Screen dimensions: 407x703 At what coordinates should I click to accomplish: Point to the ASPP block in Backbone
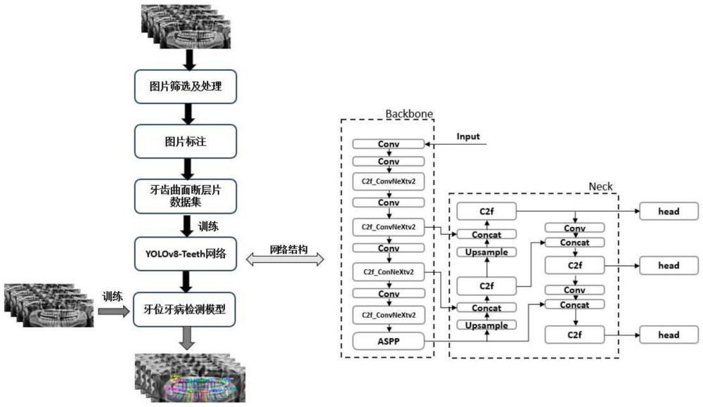click(x=389, y=342)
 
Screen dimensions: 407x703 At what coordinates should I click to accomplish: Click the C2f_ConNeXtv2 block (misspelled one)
click(x=389, y=271)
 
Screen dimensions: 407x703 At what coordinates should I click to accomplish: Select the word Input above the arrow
click(x=468, y=136)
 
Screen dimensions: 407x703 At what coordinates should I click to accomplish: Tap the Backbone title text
click(x=409, y=113)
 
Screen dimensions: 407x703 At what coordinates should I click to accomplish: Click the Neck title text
click(x=600, y=186)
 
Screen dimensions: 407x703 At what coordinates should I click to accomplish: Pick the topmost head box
click(x=669, y=211)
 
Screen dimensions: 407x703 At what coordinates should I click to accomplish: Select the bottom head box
click(x=669, y=335)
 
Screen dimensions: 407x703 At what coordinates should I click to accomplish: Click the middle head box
click(x=669, y=265)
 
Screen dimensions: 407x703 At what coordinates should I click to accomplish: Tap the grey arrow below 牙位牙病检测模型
click(x=187, y=339)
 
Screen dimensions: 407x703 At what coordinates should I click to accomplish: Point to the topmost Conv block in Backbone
click(x=389, y=144)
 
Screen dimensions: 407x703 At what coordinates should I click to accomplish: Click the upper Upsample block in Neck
click(x=487, y=252)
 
